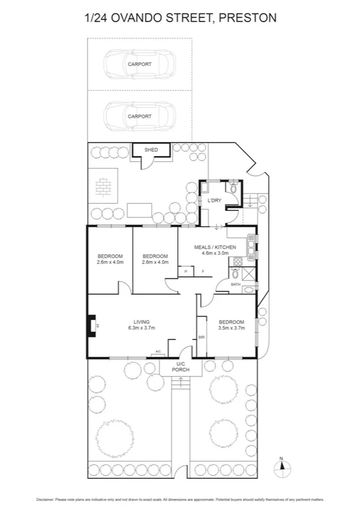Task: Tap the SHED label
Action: point(151,149)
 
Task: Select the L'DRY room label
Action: point(214,200)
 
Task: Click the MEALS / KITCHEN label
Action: point(215,247)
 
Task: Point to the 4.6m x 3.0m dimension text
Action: point(215,254)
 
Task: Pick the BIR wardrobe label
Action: point(201,338)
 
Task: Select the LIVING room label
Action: point(142,321)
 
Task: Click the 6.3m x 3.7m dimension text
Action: point(142,328)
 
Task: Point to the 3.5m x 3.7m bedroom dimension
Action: point(231,328)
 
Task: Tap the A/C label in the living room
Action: point(158,351)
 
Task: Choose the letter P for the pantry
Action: point(186,272)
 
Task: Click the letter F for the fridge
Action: point(203,272)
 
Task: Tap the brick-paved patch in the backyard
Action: point(104,188)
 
